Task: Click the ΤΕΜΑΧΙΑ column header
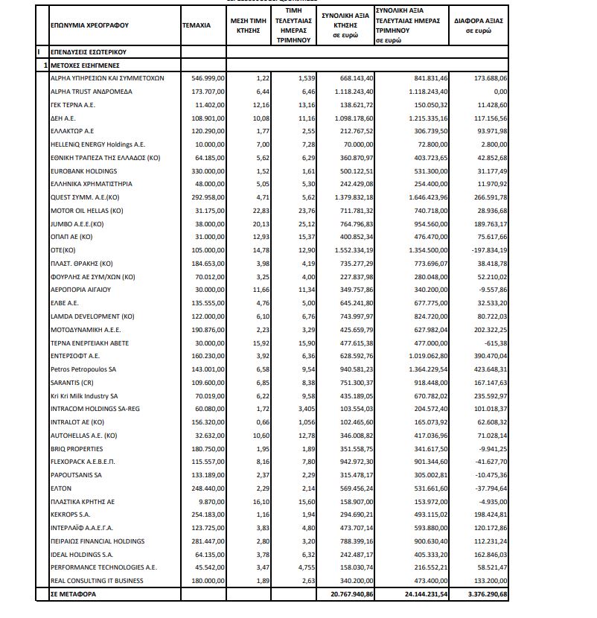pyautogui.click(x=197, y=25)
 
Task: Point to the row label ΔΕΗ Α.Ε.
pyautogui.click(x=63, y=118)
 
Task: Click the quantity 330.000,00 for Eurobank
pyautogui.click(x=197, y=171)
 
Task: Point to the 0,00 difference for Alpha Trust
pyautogui.click(x=497, y=92)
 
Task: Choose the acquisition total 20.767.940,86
pyautogui.click(x=348, y=595)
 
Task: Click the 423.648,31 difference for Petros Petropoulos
pyautogui.click(x=487, y=369)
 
